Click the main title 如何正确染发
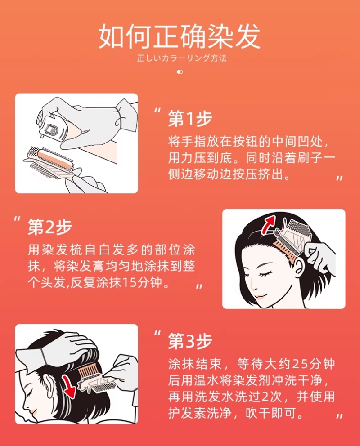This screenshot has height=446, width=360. pyautogui.click(x=180, y=36)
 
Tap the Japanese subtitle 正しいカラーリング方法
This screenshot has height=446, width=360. pyautogui.click(x=181, y=58)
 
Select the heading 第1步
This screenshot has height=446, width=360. pyautogui.click(x=190, y=118)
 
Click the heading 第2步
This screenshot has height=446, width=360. pyautogui.click(x=50, y=227)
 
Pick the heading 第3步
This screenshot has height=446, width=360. pyautogui.click(x=190, y=341)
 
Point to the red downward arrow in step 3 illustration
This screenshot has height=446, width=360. pyautogui.click(x=69, y=386)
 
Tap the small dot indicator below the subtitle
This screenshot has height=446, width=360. pyautogui.click(x=180, y=72)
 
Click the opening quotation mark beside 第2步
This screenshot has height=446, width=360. pyautogui.click(x=18, y=219)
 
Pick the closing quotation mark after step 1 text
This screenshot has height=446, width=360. pyautogui.click(x=339, y=178)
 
